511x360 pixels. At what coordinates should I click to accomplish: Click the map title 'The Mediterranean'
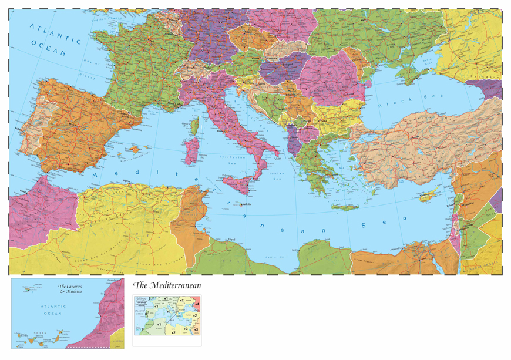click(x=167, y=285)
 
